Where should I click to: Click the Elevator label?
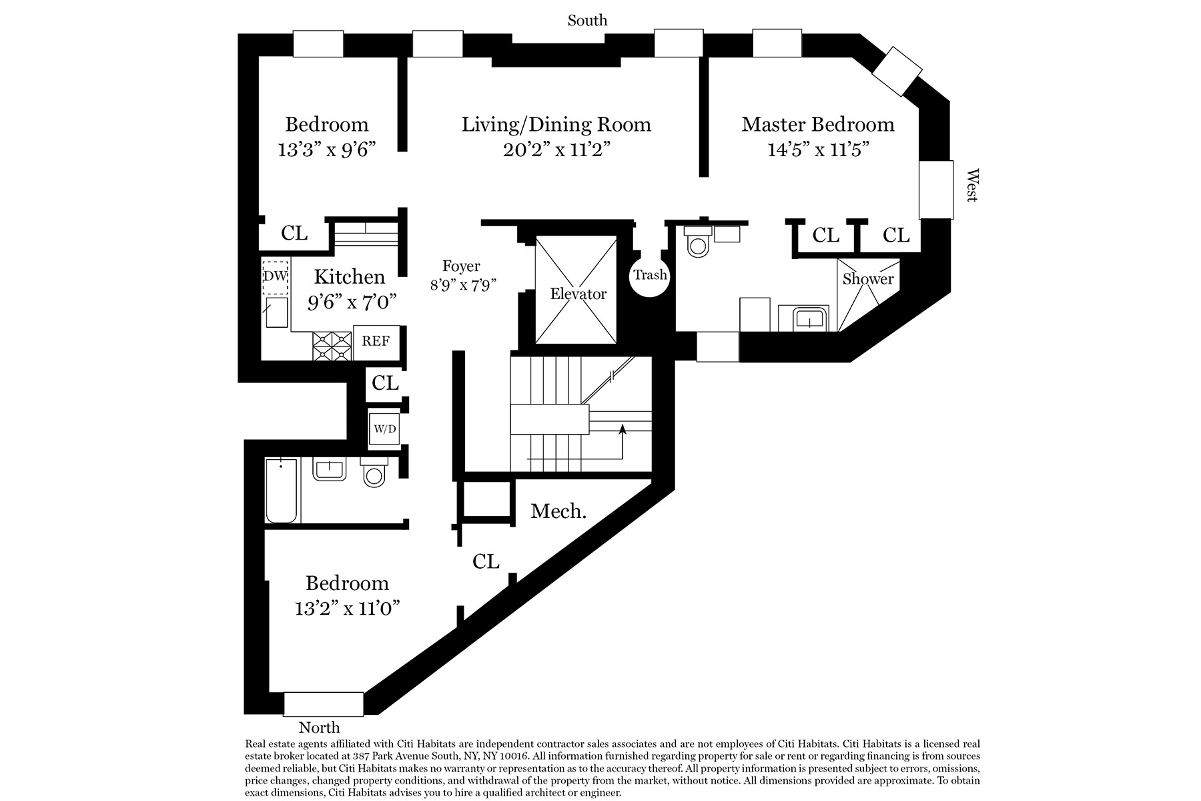point(578,294)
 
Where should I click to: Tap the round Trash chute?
point(650,275)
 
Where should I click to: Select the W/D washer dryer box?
point(384,429)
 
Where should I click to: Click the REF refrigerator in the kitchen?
point(376,341)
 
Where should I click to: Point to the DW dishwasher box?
point(275,276)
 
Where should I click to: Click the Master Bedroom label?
point(817,125)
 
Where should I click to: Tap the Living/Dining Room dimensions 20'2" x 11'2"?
point(556,150)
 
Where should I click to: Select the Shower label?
point(867,279)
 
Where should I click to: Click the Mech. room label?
point(558,512)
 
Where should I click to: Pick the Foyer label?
point(461,267)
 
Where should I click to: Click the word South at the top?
point(587,21)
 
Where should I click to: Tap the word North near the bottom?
point(319,728)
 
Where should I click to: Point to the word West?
point(972,185)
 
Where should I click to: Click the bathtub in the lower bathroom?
point(281,491)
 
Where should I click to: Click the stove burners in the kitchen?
point(332,346)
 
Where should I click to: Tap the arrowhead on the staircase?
point(623,430)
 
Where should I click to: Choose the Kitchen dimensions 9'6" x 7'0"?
point(352,302)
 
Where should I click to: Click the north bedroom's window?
point(324,704)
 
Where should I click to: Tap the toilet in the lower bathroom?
point(374,474)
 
